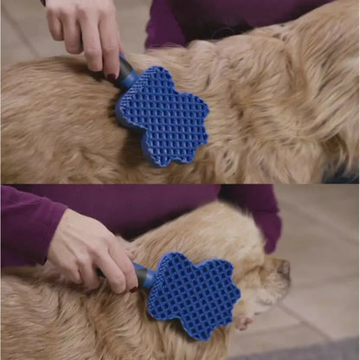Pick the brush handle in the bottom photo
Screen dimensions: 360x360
[144, 276]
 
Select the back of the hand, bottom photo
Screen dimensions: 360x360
[82, 247]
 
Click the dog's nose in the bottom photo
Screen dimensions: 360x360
[283, 267]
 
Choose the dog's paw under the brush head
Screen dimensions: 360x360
[245, 322]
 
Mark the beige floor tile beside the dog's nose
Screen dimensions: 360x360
[320, 277]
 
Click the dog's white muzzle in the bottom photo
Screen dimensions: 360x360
[268, 290]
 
